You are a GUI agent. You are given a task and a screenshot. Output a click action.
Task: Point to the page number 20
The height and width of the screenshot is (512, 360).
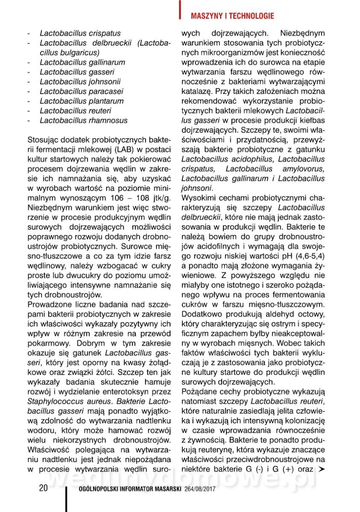(43, 489)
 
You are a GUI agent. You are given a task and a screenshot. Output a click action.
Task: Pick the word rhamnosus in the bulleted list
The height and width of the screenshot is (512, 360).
(111, 120)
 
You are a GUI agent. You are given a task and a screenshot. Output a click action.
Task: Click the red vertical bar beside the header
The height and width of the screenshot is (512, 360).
(180, 9)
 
